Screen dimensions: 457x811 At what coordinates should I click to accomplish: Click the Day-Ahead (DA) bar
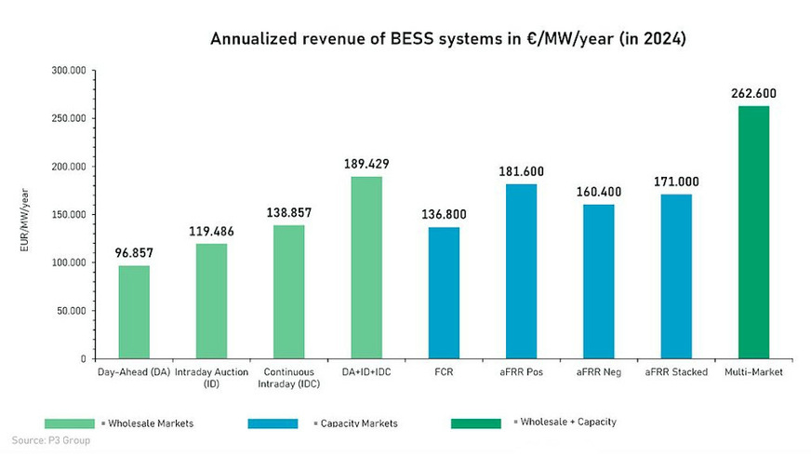[x=134, y=312]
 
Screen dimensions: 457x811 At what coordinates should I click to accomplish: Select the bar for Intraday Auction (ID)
[x=211, y=301]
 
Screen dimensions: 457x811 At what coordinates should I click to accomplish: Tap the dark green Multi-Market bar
[x=753, y=232]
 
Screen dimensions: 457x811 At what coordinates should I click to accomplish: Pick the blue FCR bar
[x=444, y=292]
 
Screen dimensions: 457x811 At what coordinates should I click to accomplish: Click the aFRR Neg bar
[x=599, y=281]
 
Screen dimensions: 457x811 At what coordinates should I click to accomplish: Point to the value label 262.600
[x=753, y=93]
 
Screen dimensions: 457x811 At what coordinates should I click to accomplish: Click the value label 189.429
[x=366, y=164]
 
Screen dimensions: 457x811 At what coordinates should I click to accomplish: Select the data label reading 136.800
[x=444, y=214]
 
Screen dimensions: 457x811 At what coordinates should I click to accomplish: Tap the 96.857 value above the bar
[x=134, y=252]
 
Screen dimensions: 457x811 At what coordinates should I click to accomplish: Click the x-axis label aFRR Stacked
[x=676, y=372]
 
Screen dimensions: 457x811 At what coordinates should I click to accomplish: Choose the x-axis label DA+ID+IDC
[x=366, y=372]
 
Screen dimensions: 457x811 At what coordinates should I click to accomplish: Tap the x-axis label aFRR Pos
[x=521, y=372]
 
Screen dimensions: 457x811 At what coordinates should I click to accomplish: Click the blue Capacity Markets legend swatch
[x=273, y=423]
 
